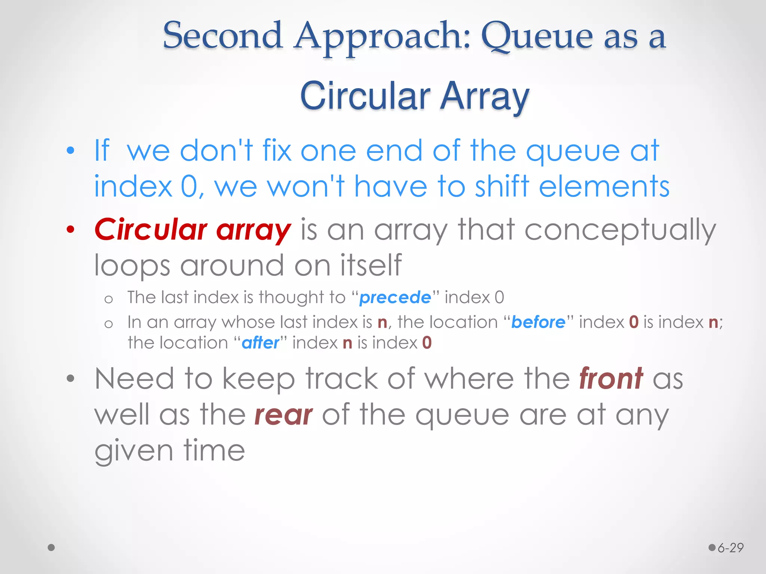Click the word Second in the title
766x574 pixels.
tap(223, 36)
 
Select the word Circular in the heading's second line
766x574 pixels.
tap(365, 96)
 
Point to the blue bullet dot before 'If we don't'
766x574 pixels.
tap(70, 151)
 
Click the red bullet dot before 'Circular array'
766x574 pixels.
tap(70, 230)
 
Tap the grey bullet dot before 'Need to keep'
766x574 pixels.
tap(70, 379)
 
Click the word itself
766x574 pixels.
tap(371, 265)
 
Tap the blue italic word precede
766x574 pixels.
tap(395, 298)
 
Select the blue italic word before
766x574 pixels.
tap(538, 322)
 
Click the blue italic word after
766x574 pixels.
tap(260, 343)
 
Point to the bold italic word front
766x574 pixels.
tap(611, 379)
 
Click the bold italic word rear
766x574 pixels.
tap(283, 415)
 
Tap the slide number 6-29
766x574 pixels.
tap(730, 548)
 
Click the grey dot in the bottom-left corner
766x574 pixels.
tap(52, 547)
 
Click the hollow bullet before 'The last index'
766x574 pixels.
tap(108, 299)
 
